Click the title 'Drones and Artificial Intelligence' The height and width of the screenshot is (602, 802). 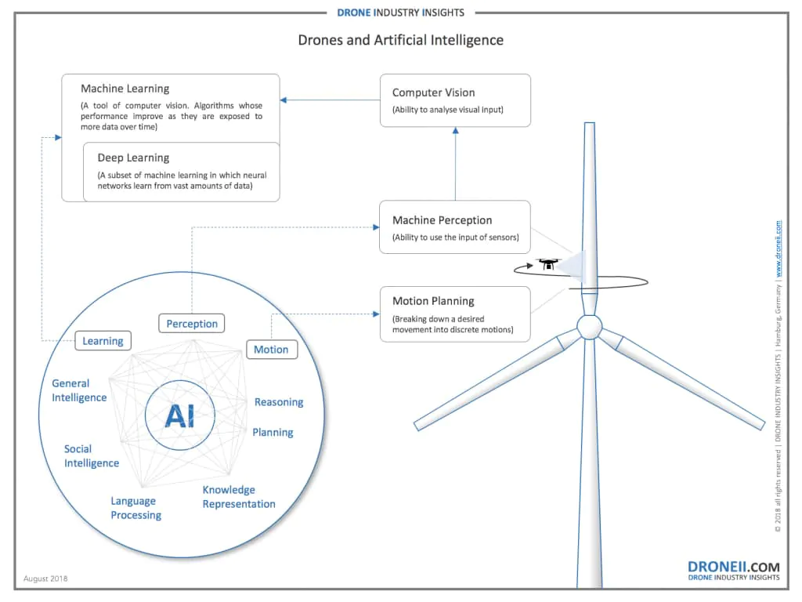tap(400, 40)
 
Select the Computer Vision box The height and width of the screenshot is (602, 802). tap(454, 100)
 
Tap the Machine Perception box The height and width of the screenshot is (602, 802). tap(454, 227)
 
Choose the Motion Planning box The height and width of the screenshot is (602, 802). tap(454, 314)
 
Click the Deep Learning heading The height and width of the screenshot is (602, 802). tap(133, 158)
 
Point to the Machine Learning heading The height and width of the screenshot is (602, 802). tap(125, 89)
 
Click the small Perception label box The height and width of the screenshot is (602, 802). tap(192, 323)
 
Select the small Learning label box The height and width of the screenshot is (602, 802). tap(103, 341)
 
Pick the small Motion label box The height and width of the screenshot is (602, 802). tap(271, 350)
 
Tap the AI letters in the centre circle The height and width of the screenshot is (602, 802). tap(179, 417)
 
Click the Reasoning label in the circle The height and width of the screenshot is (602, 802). tap(278, 402)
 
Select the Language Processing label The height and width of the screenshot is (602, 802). tap(135, 508)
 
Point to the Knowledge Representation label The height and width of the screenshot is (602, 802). tap(238, 497)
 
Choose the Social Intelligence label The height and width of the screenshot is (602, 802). tap(91, 456)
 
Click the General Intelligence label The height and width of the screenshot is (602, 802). tap(78, 390)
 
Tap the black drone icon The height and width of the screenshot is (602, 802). tap(547, 264)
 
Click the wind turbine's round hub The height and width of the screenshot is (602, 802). tap(589, 326)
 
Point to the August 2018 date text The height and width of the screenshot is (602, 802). tap(45, 578)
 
